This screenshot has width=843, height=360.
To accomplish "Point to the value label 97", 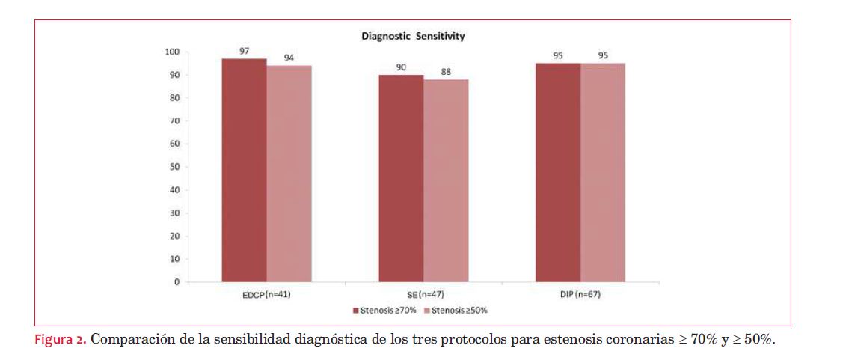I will [x=245, y=50].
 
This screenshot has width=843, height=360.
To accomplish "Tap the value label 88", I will [x=447, y=72].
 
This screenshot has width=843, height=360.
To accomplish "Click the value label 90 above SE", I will [x=401, y=67].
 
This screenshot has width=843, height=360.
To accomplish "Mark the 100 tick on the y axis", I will [x=172, y=52].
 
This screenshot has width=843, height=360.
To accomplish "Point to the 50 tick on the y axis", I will [x=174, y=167].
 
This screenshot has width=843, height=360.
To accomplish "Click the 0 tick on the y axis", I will [x=177, y=282].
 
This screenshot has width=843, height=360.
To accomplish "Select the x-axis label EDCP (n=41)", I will [x=261, y=295].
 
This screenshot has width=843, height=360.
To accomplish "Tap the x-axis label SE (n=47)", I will [x=420, y=295].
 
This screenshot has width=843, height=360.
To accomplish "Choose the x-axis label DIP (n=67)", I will [x=579, y=295].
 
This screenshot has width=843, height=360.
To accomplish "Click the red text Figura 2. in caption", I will [x=61, y=338].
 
